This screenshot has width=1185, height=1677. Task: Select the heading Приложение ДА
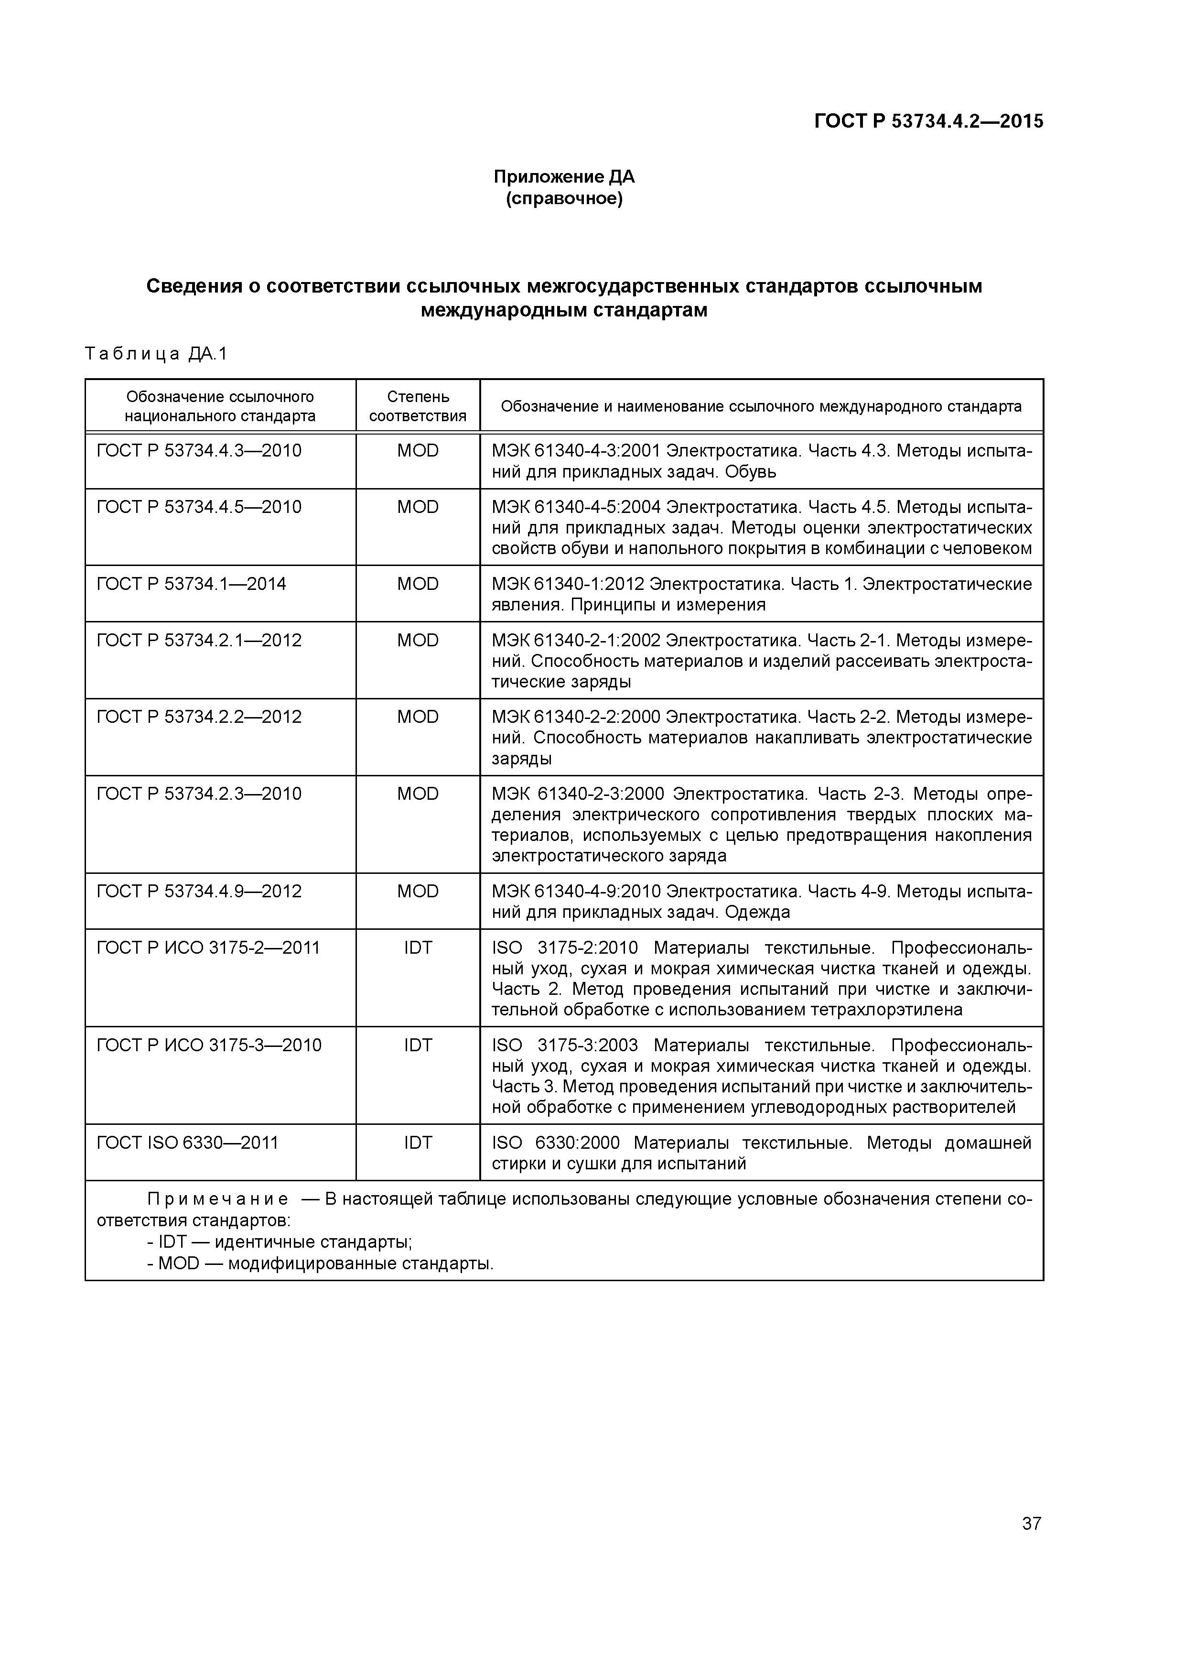pos(564,177)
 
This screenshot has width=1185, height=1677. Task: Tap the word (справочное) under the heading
pos(564,199)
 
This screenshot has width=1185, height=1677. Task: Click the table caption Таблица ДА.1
pos(156,354)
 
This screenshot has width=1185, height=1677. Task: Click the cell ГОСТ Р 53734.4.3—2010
pos(199,451)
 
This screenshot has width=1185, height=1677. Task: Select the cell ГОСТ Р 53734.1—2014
pos(191,584)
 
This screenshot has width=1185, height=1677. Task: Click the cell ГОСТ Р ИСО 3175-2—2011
pos(208,948)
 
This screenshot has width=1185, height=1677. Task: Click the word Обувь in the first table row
pos(751,472)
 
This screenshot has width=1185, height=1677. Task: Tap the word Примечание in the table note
pos(217,1200)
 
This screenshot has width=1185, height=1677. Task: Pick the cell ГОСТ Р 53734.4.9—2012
pos(199,892)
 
